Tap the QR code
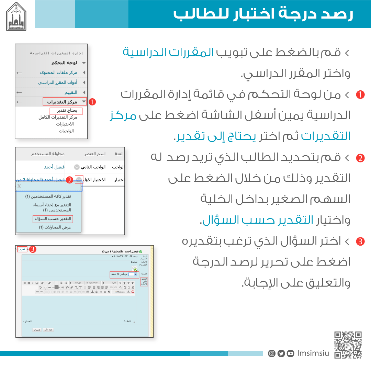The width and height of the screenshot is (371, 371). tap(348, 345)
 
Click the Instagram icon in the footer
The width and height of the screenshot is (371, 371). tap(272, 353)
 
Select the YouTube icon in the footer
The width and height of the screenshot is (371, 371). tap(291, 353)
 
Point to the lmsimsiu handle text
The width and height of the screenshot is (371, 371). tap(313, 353)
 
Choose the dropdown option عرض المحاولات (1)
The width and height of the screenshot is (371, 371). tap(55, 227)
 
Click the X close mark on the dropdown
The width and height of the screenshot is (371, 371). tap(19, 186)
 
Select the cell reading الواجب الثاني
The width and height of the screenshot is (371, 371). tap(93, 167)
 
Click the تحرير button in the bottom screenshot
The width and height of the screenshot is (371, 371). tap(22, 249)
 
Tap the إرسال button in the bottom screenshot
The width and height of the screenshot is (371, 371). tap(36, 329)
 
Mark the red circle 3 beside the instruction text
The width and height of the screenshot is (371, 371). tap(360, 241)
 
